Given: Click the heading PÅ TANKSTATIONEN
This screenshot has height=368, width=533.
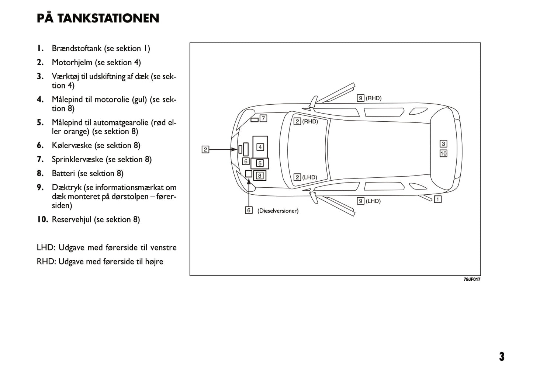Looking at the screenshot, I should [x=98, y=18].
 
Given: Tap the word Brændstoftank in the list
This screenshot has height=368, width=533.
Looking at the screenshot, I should [x=76, y=48].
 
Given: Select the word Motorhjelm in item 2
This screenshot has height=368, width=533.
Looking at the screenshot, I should [x=72, y=62].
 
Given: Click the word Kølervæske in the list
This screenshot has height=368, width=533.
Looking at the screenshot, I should [x=72, y=145].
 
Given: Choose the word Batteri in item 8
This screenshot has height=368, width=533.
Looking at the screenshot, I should [x=63, y=173].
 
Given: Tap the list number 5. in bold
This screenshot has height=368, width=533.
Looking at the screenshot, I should [x=40, y=122].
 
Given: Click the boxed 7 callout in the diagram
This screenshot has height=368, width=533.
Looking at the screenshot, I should [x=263, y=118].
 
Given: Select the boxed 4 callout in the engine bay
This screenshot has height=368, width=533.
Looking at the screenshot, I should [x=260, y=147].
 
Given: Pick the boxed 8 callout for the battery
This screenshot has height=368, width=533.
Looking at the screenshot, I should [x=260, y=176].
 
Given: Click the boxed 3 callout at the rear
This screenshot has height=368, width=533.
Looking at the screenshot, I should [x=443, y=144].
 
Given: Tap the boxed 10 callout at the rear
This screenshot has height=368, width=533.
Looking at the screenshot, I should [x=443, y=153].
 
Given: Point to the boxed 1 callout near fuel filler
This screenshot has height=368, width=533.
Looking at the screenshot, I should [x=437, y=199].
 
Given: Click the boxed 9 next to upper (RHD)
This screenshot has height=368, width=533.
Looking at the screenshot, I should [x=360, y=98].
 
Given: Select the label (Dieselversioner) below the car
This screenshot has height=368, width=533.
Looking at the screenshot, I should [x=278, y=211].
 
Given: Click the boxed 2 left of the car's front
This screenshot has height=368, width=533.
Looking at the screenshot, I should [x=205, y=149].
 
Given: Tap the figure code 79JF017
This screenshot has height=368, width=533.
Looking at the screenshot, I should [x=472, y=280].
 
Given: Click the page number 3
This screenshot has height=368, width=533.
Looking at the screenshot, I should [x=502, y=357].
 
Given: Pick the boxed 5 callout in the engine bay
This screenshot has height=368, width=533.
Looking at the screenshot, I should [x=260, y=163].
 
